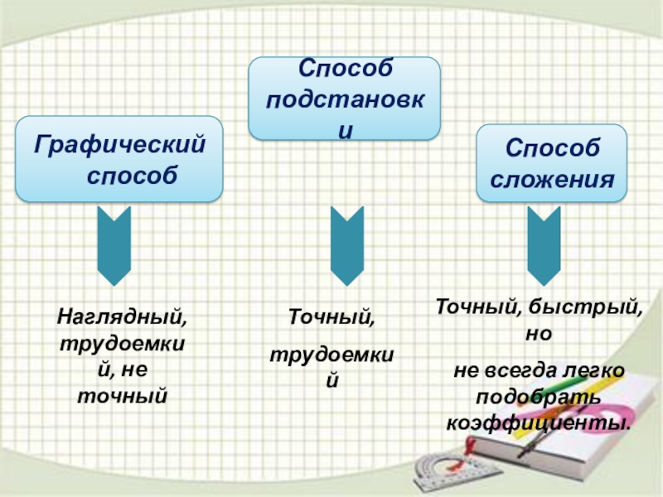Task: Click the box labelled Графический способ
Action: point(119,159)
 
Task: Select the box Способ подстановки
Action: point(345,98)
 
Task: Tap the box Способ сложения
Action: point(550,162)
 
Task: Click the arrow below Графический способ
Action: point(114,246)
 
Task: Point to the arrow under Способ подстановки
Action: point(346,246)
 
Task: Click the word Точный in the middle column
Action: point(331,316)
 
